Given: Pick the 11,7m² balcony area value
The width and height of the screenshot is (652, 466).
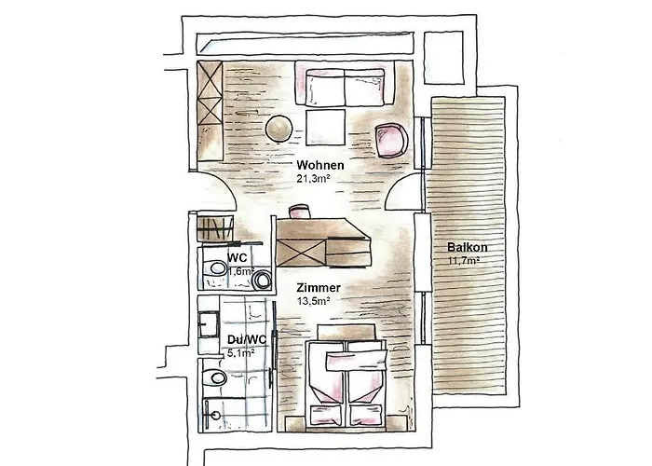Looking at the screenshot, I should pos(463,261).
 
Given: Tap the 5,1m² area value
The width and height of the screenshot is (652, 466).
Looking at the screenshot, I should pos(244,352).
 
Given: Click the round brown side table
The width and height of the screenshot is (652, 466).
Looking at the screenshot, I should pos(278,129).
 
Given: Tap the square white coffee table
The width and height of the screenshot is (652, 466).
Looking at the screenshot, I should pos(326,126).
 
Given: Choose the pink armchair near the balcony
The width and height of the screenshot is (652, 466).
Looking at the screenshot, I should pos(391,139).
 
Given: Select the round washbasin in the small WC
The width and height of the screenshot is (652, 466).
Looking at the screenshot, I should pos(261,278).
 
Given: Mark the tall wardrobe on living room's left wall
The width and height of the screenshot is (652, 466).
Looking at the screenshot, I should pos(210,110).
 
